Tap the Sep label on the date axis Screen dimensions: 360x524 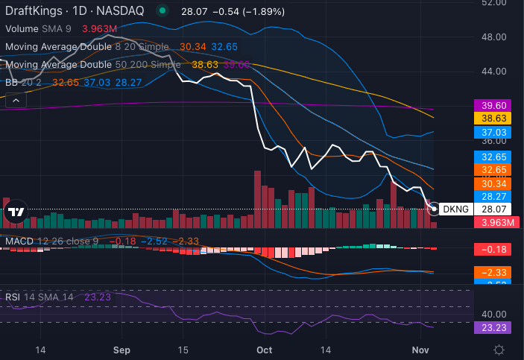point(123,350)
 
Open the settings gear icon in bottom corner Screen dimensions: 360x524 point(499,350)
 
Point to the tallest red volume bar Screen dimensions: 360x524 point(258,199)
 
